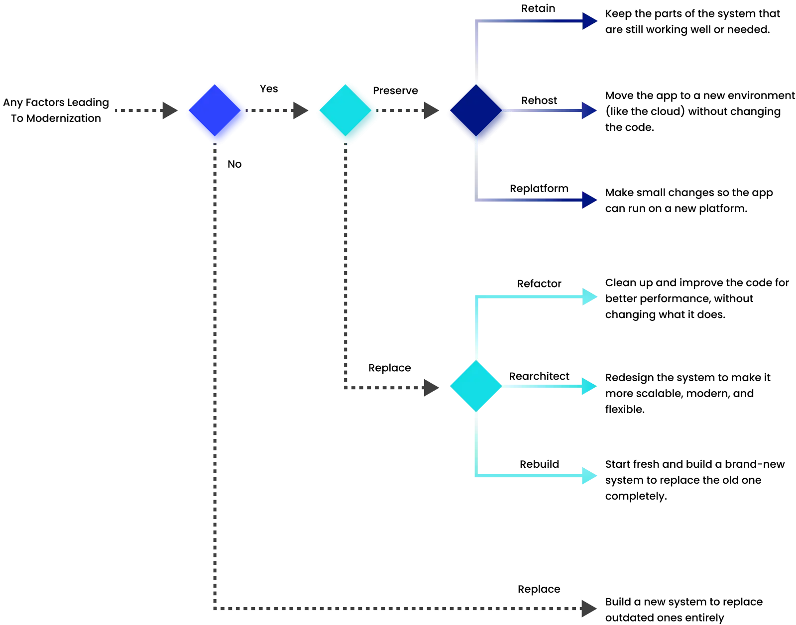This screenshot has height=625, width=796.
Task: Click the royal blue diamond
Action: (x=216, y=113)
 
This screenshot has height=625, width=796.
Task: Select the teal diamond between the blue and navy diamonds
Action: (x=347, y=113)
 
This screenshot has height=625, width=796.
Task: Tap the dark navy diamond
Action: (x=477, y=113)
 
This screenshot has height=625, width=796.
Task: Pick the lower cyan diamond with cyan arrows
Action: (x=476, y=386)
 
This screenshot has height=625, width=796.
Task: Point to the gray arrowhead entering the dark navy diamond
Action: (x=430, y=111)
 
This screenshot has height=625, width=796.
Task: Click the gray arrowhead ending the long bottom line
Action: (x=589, y=608)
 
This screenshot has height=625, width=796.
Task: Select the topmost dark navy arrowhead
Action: (x=590, y=21)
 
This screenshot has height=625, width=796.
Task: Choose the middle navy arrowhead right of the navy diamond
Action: (x=590, y=111)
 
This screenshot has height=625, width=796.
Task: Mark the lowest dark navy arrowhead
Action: (x=590, y=200)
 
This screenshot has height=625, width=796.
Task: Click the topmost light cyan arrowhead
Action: (x=590, y=297)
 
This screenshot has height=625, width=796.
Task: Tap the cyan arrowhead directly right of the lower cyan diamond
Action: (x=590, y=386)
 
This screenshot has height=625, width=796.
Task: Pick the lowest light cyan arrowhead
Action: (x=590, y=476)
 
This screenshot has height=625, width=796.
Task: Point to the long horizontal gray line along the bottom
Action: (x=398, y=608)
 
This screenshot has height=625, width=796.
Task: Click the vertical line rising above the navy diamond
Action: (x=477, y=50)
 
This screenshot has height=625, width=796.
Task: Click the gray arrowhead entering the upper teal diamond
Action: (x=300, y=111)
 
